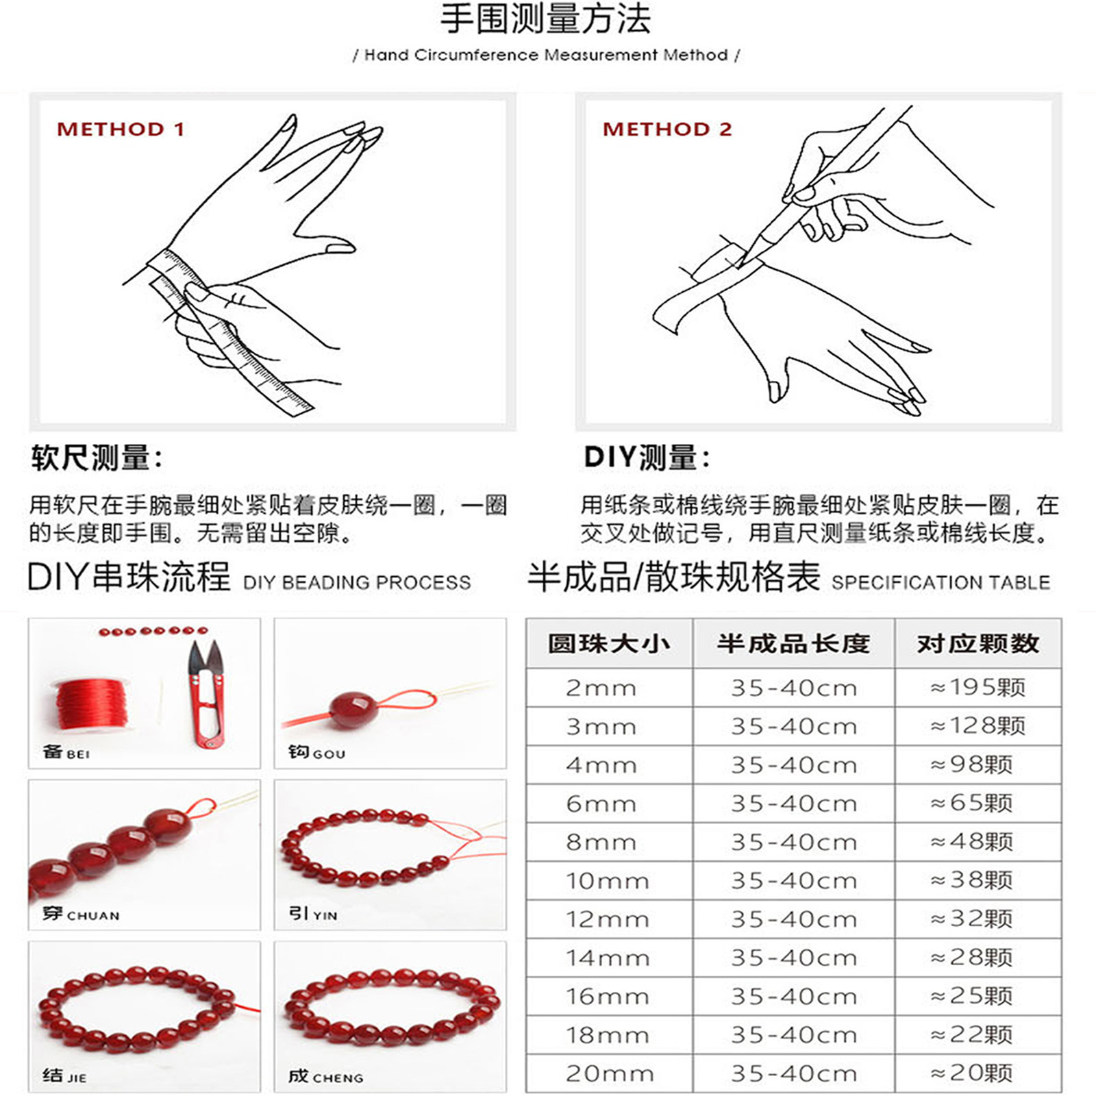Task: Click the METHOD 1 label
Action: point(121,129)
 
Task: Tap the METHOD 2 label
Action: point(667,129)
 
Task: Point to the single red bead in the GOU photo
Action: point(352,710)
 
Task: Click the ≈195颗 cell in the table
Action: point(978,687)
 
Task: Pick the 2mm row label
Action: point(601,688)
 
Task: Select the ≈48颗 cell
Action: point(972,841)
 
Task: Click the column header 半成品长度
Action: point(793,644)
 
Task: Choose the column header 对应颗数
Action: point(978,644)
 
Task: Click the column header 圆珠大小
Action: point(609,644)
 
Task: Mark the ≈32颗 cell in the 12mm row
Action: point(972,919)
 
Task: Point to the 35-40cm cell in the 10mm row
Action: point(794,880)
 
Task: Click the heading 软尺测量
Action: point(96,458)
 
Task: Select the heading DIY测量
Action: point(647,458)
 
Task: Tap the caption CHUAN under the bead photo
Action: point(93,916)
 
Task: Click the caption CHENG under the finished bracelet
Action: point(338,1078)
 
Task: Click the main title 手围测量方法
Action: point(545,18)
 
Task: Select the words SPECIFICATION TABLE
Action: point(941,582)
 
